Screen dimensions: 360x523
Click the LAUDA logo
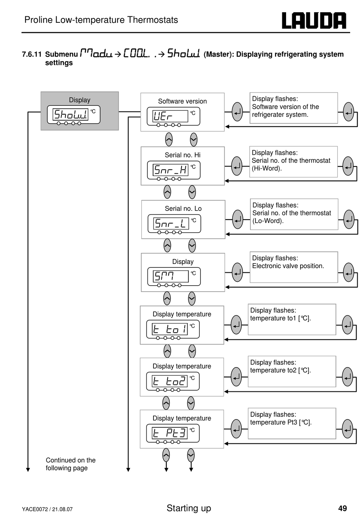313,20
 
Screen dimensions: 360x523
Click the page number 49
343,508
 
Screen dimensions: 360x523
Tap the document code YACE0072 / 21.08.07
47,509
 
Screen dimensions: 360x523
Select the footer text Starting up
188,508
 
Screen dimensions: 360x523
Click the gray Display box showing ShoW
80,111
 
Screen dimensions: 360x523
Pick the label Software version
182,101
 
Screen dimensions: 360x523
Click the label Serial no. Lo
183,209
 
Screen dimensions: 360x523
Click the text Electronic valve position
288,266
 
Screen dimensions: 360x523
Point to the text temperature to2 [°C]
280,370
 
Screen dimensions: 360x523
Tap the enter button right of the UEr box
237,112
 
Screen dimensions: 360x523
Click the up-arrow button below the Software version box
169,140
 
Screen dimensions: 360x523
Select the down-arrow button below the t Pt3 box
191,455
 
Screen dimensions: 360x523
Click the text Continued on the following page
70,464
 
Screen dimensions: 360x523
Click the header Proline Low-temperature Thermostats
101,20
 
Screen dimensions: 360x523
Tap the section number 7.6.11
32,54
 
